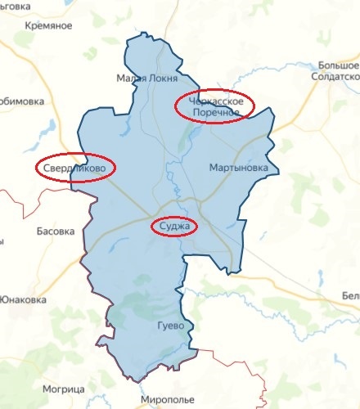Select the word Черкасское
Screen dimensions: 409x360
216,100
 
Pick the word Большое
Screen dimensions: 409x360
339,64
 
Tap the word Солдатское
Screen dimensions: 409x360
335,75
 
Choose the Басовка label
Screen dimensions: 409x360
55,231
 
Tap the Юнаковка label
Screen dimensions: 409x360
24,299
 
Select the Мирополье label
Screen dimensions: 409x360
170,400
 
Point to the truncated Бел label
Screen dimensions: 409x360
351,295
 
